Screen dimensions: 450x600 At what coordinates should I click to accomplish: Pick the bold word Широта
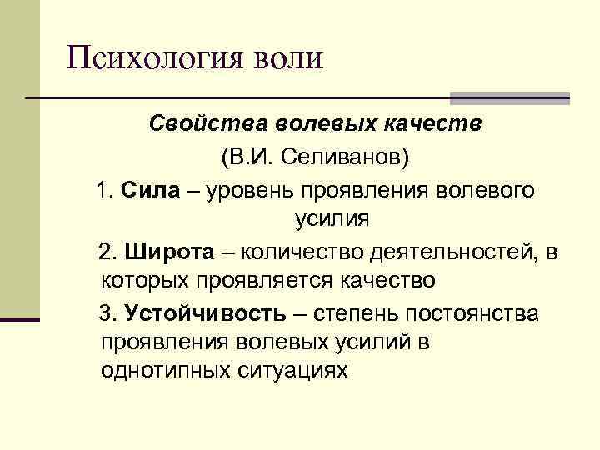pyautogui.click(x=158, y=252)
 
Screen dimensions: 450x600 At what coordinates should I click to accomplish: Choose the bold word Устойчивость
pyautogui.click(x=202, y=313)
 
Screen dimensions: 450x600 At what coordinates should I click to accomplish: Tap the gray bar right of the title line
pyautogui.click(x=509, y=98)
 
